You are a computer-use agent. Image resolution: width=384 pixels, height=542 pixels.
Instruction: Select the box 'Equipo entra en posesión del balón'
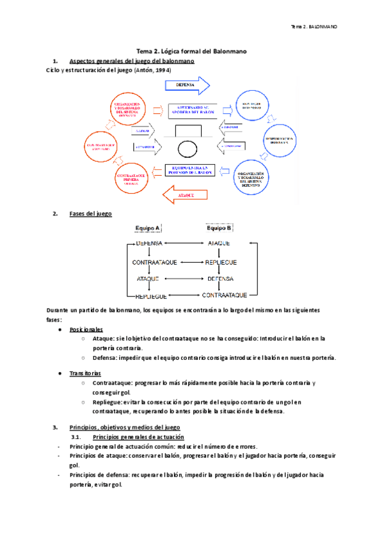pyautogui.click(x=191, y=170)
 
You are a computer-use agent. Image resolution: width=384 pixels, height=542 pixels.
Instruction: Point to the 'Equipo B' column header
pyautogui.click(x=219, y=228)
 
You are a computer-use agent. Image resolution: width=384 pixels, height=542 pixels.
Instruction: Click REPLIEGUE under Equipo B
pyautogui.click(x=220, y=261)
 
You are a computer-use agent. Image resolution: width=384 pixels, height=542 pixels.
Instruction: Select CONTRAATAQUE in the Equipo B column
pyautogui.click(x=225, y=295)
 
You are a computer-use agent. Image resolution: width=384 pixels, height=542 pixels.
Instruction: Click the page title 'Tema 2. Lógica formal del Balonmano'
pyautogui.click(x=192, y=51)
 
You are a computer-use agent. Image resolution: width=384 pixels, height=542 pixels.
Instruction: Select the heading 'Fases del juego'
pyautogui.click(x=90, y=213)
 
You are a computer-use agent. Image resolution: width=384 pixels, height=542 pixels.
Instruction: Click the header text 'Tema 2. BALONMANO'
pyautogui.click(x=314, y=27)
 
